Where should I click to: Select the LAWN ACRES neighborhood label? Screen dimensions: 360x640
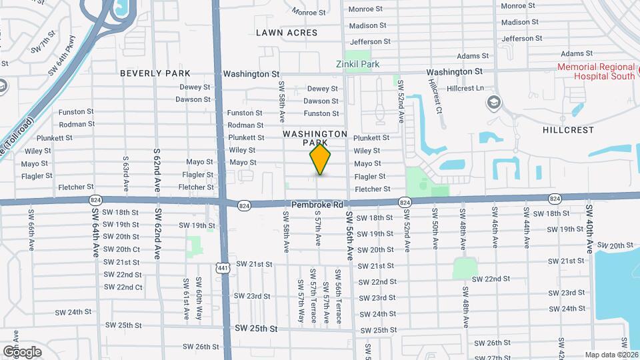(x=286, y=33)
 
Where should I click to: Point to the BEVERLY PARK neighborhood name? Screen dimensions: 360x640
(x=155, y=73)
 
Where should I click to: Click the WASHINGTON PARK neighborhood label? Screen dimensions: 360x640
(x=315, y=138)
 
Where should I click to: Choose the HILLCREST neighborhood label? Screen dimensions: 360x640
(x=568, y=130)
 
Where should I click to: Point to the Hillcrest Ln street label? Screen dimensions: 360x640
(x=465, y=88)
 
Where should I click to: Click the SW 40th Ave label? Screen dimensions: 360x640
(x=589, y=229)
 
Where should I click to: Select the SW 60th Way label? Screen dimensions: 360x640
(x=199, y=299)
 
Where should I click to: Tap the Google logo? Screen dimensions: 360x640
(x=22, y=351)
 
